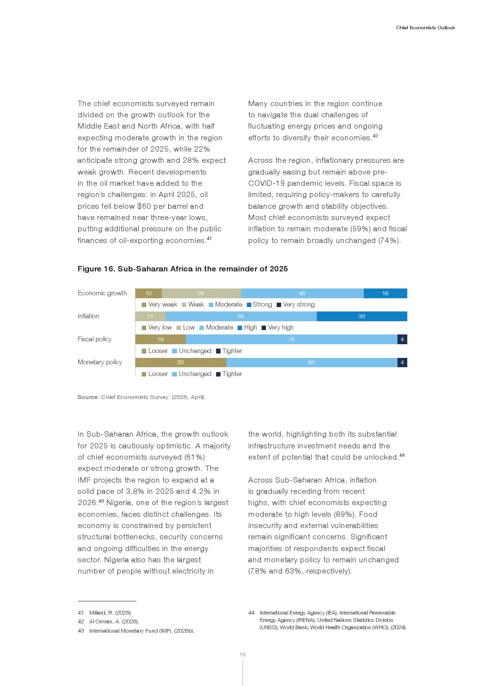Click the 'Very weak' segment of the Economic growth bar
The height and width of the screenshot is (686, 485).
pos(148,293)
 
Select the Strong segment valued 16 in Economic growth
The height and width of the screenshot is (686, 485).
pos(385,293)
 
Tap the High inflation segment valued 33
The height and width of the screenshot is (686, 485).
pos(362,316)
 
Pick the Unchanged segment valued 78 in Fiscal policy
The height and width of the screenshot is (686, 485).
pos(291,339)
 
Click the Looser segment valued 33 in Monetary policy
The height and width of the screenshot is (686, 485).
pos(180,362)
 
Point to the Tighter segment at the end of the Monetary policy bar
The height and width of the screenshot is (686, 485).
pos(402,362)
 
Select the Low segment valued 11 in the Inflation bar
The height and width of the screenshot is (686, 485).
pos(150,316)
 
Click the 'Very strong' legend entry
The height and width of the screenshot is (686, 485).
pos(296,305)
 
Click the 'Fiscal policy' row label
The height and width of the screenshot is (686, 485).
pos(94,339)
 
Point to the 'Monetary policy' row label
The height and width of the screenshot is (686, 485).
pos(100,362)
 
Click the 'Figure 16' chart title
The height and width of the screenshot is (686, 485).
pos(182,269)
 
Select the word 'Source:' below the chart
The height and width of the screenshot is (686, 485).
pos(88,397)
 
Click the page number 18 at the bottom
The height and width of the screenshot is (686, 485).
pos(242,655)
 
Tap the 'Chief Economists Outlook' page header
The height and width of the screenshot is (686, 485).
pos(425,28)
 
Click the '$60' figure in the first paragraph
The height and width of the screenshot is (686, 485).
pos(145,206)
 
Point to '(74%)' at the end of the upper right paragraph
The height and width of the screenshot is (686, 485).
pos(389,241)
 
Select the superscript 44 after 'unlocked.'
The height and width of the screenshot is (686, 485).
pos(402,455)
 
